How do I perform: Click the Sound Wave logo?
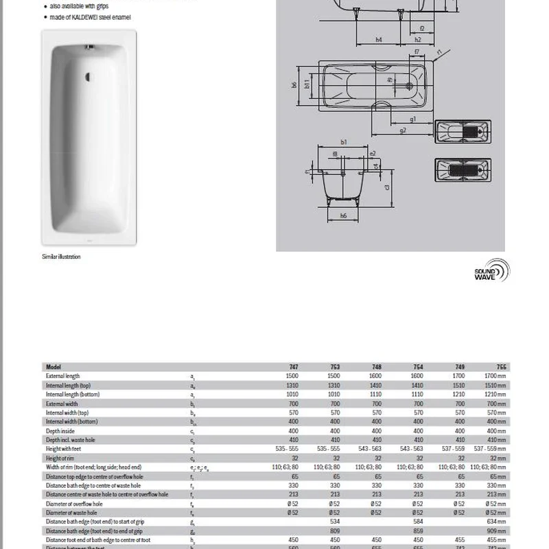pyautogui.click(x=492, y=272)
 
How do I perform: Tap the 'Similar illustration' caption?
pyautogui.click(x=62, y=257)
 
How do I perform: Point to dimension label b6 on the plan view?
pyautogui.click(x=293, y=85)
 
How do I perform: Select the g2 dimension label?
pyautogui.click(x=403, y=130)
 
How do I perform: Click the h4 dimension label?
pyautogui.click(x=379, y=40)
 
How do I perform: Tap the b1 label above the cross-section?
pyautogui.click(x=343, y=142)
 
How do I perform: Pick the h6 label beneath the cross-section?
pyautogui.click(x=343, y=215)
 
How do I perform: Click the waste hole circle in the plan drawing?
pyautogui.click(x=411, y=86)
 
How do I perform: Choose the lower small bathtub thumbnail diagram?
pyautogui.click(x=463, y=170)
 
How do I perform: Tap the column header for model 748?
pyautogui.click(x=377, y=367)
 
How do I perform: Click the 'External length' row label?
pyautogui.click(x=63, y=376)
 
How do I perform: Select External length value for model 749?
pyautogui.click(x=459, y=376)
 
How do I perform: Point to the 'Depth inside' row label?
pyautogui.click(x=60, y=430)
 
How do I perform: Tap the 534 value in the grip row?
pyautogui.click(x=334, y=520)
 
